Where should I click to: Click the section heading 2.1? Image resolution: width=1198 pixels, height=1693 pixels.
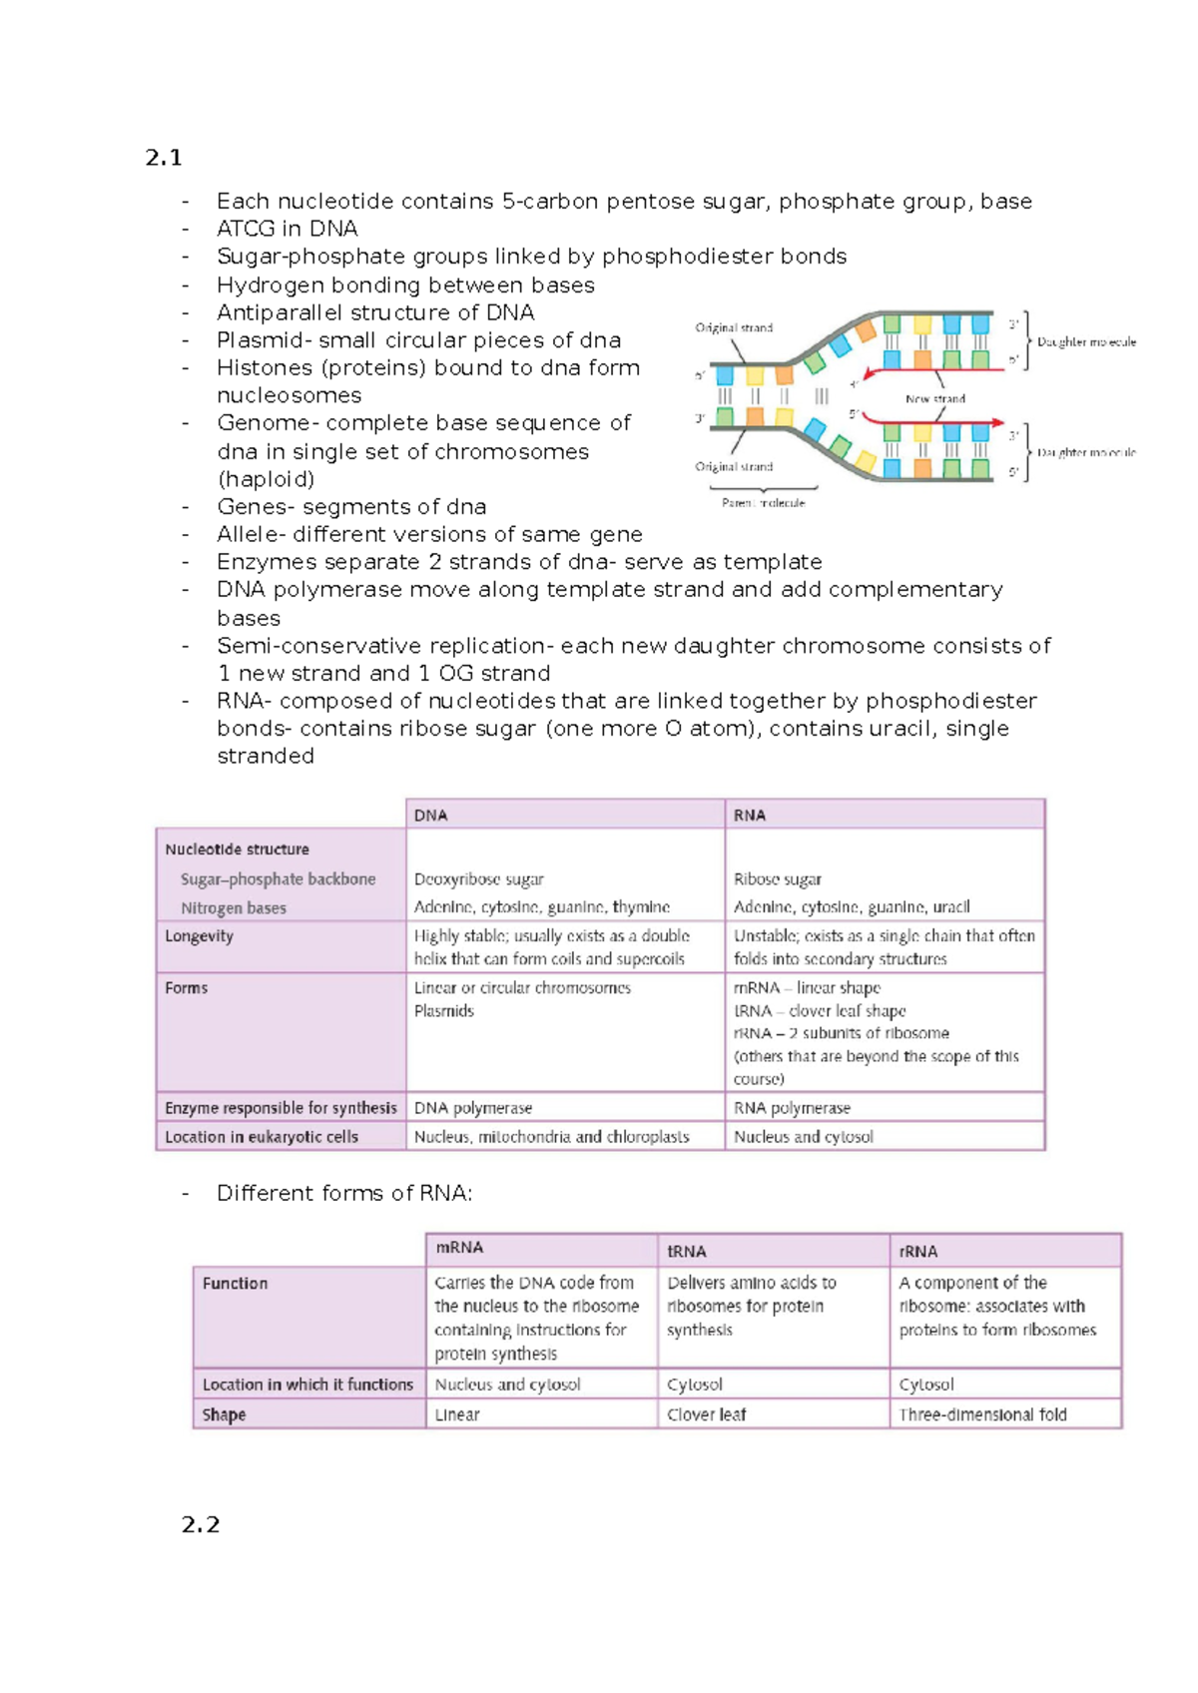(x=163, y=158)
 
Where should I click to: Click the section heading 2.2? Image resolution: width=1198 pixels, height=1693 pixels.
(x=200, y=1524)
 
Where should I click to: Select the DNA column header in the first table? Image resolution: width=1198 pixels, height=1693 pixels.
(x=431, y=816)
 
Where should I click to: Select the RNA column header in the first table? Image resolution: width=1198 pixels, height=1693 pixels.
(x=750, y=816)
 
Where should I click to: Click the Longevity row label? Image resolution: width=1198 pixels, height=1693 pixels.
(x=200, y=936)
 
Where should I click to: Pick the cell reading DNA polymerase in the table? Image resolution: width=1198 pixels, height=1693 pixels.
(x=473, y=1108)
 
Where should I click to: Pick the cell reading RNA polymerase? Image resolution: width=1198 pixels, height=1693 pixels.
(x=792, y=1108)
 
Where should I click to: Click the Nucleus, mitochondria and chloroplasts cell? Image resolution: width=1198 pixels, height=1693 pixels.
(x=551, y=1137)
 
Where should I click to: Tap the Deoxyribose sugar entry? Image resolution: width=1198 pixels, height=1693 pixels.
(x=479, y=879)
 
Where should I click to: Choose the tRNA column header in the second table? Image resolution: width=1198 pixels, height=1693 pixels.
(x=687, y=1252)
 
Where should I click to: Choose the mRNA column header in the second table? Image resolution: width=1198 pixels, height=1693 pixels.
(x=459, y=1248)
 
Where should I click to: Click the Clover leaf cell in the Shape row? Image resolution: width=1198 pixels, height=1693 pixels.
(x=707, y=1414)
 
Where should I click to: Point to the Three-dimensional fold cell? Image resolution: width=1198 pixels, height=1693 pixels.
(x=982, y=1414)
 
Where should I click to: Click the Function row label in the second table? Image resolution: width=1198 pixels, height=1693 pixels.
(x=235, y=1284)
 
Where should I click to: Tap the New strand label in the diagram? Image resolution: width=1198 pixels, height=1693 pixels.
(x=934, y=398)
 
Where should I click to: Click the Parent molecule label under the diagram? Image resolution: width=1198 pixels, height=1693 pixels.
(x=763, y=503)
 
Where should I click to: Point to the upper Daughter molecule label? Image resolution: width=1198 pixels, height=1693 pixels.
(x=1086, y=341)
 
